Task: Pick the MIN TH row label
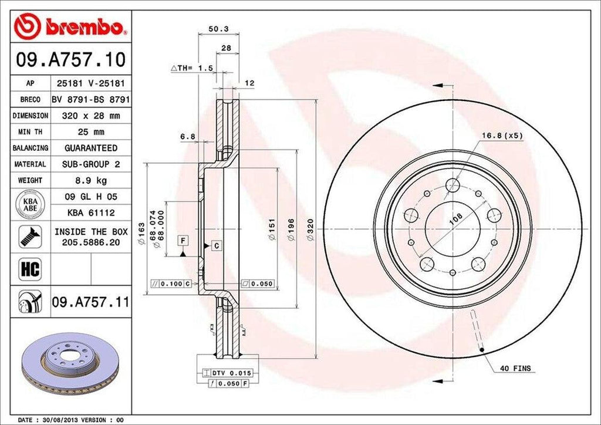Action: click(x=30, y=132)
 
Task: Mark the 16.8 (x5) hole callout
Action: click(x=502, y=136)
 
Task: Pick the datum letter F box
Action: click(x=184, y=241)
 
